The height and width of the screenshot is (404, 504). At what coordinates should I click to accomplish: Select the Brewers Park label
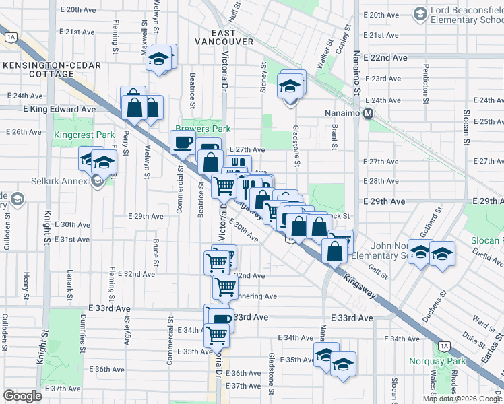click(203, 129)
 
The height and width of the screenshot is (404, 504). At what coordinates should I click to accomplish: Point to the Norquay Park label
click(433, 361)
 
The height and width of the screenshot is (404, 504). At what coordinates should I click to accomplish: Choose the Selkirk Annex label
click(59, 181)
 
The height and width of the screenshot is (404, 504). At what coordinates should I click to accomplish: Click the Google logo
click(23, 396)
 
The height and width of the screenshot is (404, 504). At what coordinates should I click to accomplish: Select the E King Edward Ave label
click(59, 108)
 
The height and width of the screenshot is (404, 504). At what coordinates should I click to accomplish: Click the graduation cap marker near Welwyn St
click(160, 59)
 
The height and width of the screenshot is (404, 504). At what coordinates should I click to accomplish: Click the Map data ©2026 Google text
click(462, 399)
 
